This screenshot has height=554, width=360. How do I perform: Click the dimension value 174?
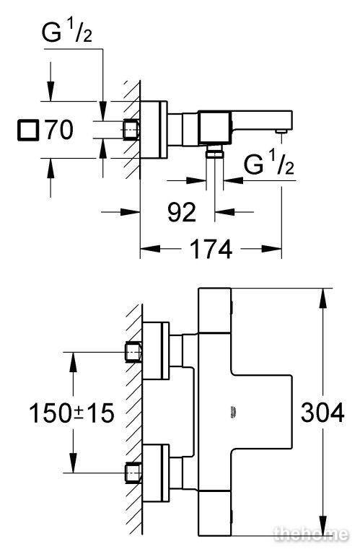pyautogui.click(x=211, y=250)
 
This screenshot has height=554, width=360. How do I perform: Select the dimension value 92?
pyautogui.click(x=182, y=212)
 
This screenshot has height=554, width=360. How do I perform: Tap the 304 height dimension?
pyautogui.click(x=322, y=413)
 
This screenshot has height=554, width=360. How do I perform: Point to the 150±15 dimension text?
pyautogui.click(x=71, y=413)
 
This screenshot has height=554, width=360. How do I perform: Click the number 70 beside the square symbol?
pyautogui.click(x=59, y=130)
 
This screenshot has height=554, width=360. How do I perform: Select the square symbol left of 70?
pyautogui.click(x=28, y=130)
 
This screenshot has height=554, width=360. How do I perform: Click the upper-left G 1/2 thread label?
pyautogui.click(x=67, y=32)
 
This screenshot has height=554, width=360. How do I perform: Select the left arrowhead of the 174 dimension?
pyautogui.click(x=151, y=249)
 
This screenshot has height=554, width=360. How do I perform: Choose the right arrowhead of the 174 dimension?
pyautogui.click(x=272, y=249)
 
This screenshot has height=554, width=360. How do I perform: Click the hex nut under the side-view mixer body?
pyautogui.click(x=215, y=154)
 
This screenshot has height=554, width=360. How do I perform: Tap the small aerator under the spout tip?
pyautogui.click(x=281, y=132)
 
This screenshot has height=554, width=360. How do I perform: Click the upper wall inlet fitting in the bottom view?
pyautogui.click(x=133, y=353)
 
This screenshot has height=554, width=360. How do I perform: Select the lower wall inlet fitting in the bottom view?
pyautogui.click(x=133, y=472)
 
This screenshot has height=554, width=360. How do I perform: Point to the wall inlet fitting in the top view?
pyautogui.click(x=131, y=130)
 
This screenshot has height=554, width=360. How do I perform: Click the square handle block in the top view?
pyautogui.click(x=214, y=128)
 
